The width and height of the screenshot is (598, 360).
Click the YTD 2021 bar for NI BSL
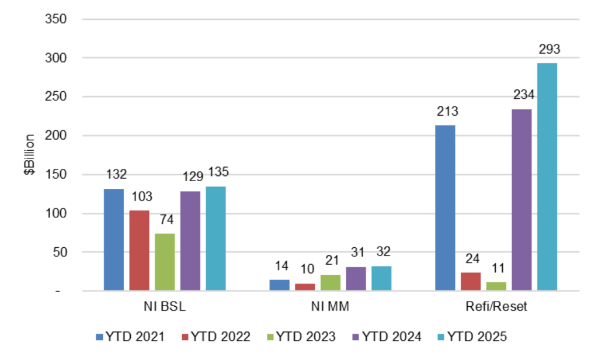click(x=114, y=240)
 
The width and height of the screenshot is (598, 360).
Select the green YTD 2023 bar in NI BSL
click(x=165, y=262)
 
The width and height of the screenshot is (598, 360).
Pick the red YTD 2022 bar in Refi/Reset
click(x=471, y=281)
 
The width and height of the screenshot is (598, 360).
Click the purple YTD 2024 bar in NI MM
click(x=356, y=278)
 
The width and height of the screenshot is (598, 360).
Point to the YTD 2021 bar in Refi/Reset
click(x=445, y=207)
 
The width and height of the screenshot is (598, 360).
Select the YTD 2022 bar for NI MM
click(x=305, y=286)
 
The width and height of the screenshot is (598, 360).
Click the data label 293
click(x=550, y=50)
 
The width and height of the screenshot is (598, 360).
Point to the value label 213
click(x=447, y=112)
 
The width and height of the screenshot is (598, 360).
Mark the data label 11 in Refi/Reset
click(x=497, y=269)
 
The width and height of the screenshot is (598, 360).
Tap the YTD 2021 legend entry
click(x=129, y=337)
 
